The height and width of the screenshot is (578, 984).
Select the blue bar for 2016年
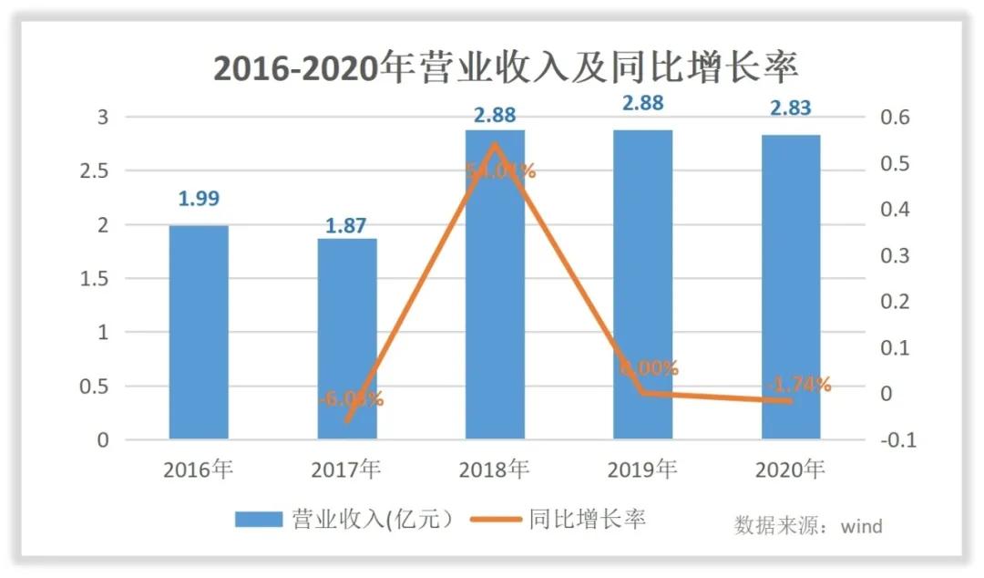(199, 333)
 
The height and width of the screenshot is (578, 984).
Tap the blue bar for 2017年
(347, 339)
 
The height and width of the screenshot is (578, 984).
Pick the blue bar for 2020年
(791, 287)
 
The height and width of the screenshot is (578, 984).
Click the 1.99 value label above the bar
(199, 199)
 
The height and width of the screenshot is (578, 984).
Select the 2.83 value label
(791, 108)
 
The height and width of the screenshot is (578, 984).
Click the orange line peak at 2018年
(495, 143)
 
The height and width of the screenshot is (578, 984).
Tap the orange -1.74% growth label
(799, 385)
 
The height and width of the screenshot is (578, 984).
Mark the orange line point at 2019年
(643, 393)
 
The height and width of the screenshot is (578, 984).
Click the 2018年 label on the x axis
(495, 470)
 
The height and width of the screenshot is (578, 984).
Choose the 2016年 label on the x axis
(199, 470)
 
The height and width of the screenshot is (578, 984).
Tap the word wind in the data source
(861, 526)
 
